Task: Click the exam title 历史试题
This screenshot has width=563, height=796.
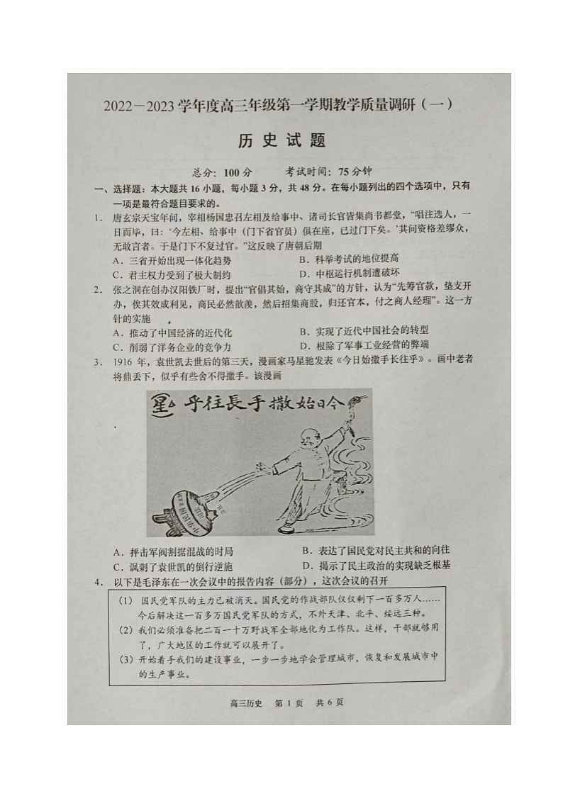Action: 281,140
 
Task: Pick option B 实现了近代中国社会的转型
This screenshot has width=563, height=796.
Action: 363,331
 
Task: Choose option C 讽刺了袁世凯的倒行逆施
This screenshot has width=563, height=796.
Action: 172,566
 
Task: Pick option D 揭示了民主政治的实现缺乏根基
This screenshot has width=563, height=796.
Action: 375,565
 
